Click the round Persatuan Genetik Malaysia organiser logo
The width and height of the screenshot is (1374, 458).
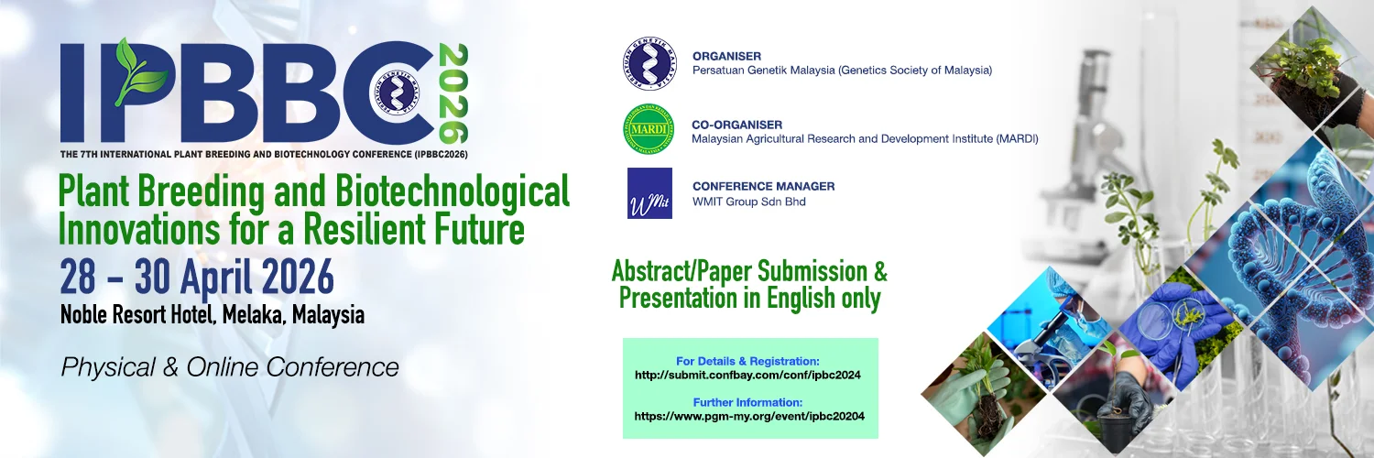pyautogui.click(x=649, y=63)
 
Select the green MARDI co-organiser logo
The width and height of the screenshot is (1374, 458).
pyautogui.click(x=649, y=129)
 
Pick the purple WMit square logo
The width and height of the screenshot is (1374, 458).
pyautogui.click(x=649, y=193)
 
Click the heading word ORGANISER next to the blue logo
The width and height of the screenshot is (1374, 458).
pyautogui.click(x=727, y=57)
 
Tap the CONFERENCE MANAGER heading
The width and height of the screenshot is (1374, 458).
pyautogui.click(x=764, y=186)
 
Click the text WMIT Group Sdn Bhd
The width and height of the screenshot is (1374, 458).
pyautogui.click(x=749, y=202)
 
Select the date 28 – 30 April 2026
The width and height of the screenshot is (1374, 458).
pyautogui.click(x=197, y=278)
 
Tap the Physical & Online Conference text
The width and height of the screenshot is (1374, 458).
pyautogui.click(x=230, y=367)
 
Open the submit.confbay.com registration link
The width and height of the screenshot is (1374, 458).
pyautogui.click(x=747, y=376)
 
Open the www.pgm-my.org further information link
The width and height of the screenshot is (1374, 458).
pyautogui.click(x=749, y=416)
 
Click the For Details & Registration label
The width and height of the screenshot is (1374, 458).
pyautogui.click(x=747, y=361)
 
